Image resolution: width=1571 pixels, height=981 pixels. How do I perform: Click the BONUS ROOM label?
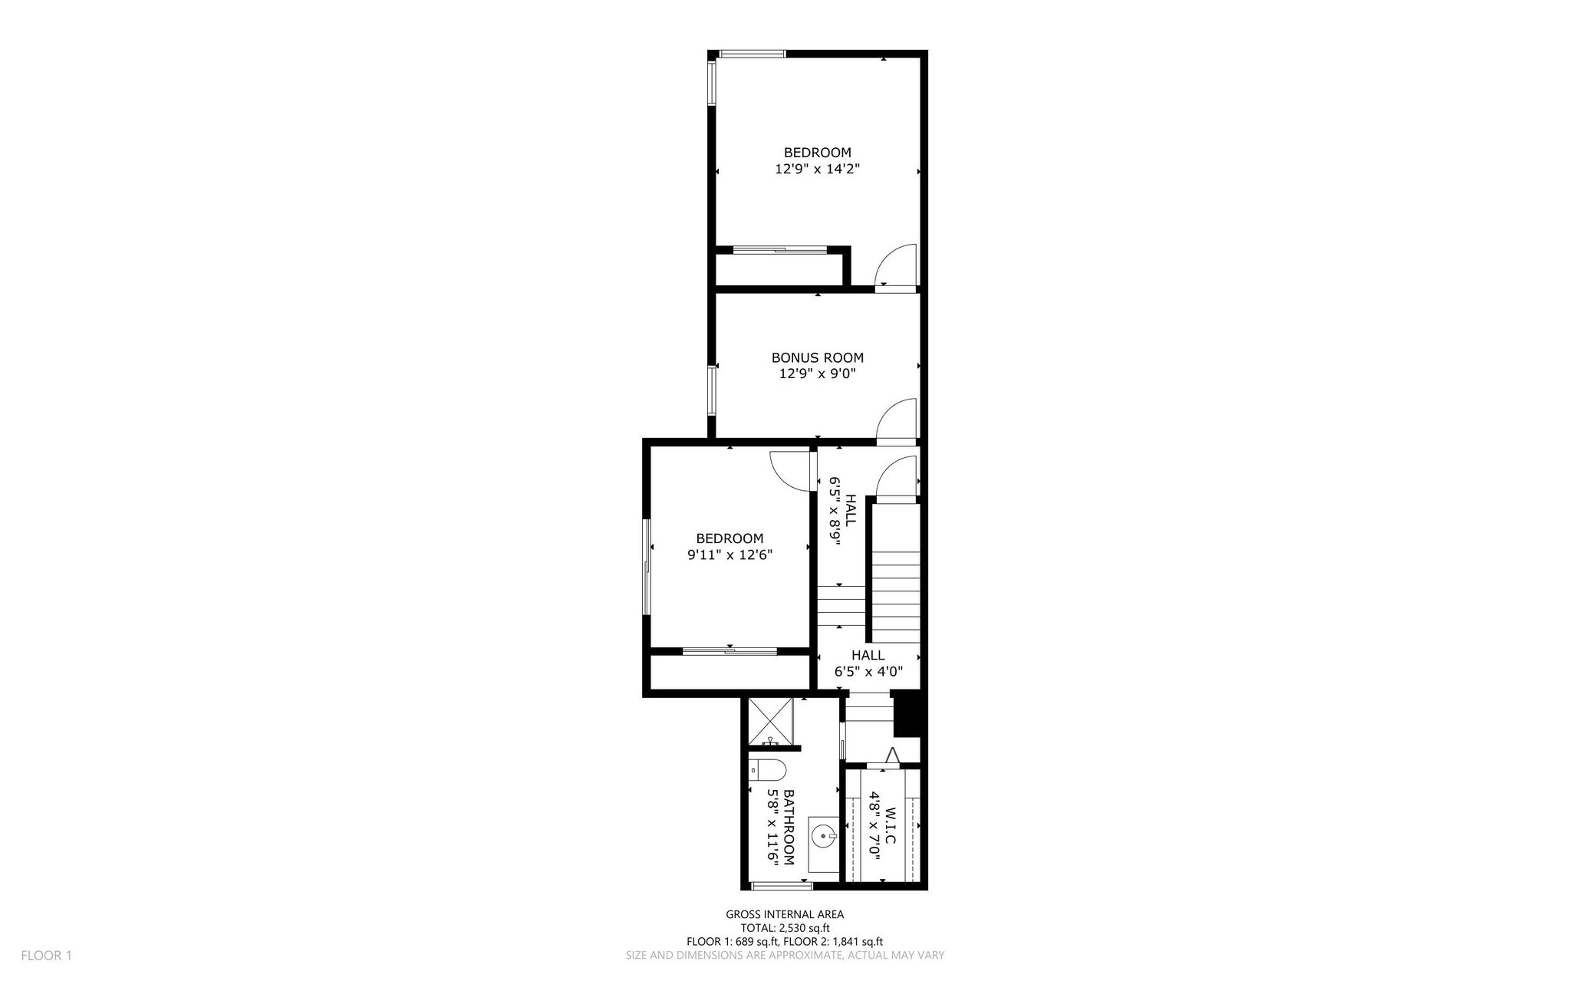[817, 358]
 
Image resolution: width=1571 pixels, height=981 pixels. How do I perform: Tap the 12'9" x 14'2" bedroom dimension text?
[817, 170]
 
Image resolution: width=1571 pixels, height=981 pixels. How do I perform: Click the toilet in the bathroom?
[767, 769]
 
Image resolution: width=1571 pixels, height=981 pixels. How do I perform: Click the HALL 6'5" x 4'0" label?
[868, 663]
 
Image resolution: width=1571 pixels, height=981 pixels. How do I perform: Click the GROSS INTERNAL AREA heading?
[785, 914]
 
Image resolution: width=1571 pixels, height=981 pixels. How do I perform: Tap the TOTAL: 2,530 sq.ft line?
[785, 928]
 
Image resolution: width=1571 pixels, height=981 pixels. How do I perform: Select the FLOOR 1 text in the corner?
[46, 956]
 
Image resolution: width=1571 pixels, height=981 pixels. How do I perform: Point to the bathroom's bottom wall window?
[782, 887]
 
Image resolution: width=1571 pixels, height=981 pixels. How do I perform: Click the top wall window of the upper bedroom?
[753, 54]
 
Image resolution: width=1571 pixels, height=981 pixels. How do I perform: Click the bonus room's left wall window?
[712, 390]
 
